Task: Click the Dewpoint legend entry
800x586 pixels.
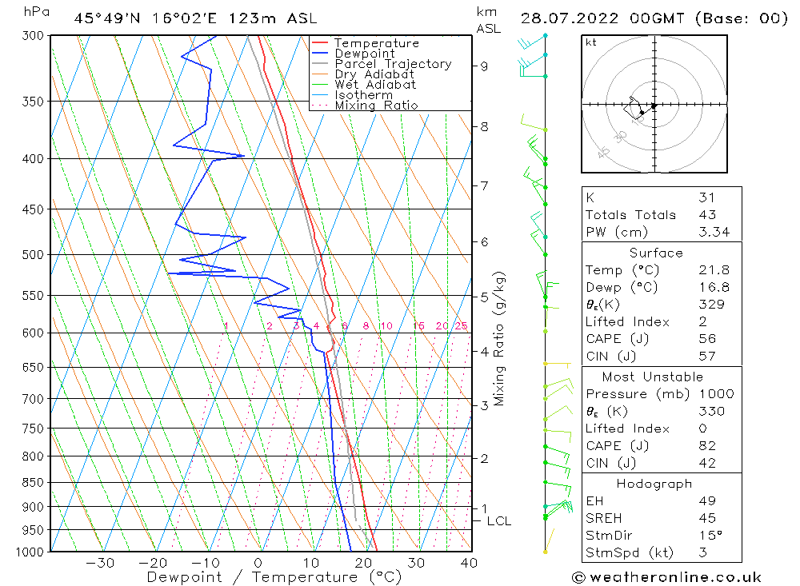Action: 364,54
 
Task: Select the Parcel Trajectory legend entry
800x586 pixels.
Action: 393,64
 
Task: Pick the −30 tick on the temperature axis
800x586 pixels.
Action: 100,563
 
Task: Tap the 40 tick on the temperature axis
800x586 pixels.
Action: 470,563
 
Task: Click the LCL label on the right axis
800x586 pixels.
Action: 498,521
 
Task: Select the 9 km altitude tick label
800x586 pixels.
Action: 485,66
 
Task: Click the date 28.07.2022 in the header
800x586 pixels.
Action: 562,18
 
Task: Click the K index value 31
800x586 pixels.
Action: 706,197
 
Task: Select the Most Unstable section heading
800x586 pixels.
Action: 653,377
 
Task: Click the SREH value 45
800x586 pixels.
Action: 706,518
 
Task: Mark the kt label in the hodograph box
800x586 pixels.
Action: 590,42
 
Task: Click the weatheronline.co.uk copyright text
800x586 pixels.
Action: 666,577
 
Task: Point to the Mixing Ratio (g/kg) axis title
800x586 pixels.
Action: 499,339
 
